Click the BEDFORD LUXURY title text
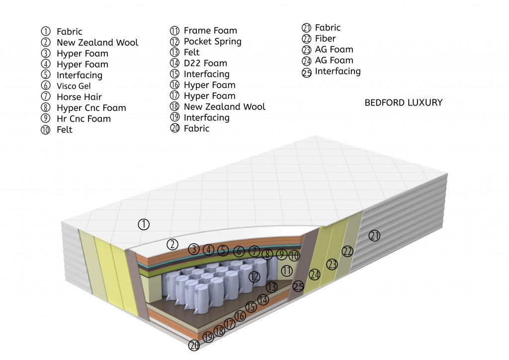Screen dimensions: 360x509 point(403,103)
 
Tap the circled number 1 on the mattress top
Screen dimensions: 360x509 point(144,224)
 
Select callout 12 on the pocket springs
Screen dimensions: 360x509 point(254,276)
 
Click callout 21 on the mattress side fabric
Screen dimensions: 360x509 point(374,236)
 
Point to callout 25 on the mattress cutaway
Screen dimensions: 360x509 point(298,286)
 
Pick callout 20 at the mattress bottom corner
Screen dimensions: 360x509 point(194,346)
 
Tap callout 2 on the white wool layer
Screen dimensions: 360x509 point(172,244)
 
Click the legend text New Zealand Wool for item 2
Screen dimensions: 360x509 point(97,43)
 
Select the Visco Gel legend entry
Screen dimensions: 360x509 point(74,86)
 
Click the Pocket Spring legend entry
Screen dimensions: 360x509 point(212,41)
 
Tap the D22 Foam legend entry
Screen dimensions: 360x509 point(205,63)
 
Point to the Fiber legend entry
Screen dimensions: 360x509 point(325,39)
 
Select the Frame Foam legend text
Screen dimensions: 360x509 point(210,30)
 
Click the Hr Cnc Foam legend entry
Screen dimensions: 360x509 point(84,119)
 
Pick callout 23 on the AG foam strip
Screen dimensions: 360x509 point(332,265)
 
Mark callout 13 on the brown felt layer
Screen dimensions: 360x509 point(271,287)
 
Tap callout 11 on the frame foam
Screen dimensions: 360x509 point(286,271)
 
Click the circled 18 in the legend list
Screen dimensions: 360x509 point(174,107)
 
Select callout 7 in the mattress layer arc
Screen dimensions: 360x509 point(254,251)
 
